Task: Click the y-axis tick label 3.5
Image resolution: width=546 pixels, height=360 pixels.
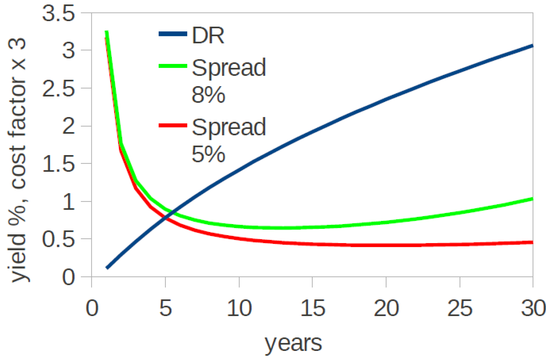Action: pos(58,13)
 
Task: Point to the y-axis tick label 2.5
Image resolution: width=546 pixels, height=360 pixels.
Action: pos(58,88)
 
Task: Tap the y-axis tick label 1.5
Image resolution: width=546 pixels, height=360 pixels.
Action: pos(58,164)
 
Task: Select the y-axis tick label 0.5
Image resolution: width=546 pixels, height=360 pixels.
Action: pos(58,239)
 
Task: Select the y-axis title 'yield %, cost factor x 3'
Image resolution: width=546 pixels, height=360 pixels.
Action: pos(18,160)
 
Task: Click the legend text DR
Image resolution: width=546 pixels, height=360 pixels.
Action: pos(208,35)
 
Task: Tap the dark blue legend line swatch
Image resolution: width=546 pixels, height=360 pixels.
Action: pos(173,34)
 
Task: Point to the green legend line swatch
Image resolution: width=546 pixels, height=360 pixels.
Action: pos(173,66)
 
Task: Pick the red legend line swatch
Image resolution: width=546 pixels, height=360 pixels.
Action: pos(173,125)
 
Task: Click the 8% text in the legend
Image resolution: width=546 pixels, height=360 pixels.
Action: pos(208,95)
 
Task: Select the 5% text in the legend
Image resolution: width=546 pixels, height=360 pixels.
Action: pos(208,154)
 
